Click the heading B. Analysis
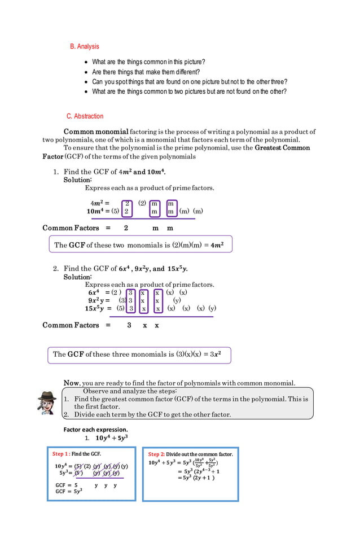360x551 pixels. tap(84, 46)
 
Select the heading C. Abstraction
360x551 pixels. tap(85, 116)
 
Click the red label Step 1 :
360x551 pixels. tap(61, 454)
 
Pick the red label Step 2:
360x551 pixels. tap(156, 454)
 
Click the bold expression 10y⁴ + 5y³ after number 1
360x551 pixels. tap(111, 438)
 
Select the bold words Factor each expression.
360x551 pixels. tap(95, 430)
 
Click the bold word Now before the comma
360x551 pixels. tap(71, 383)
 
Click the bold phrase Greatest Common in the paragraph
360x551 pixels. tap(282, 148)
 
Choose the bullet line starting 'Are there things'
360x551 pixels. tap(146, 72)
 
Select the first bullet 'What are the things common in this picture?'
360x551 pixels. tap(148, 62)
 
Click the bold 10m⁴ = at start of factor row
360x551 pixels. tap(98, 211)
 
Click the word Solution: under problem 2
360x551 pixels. tap(77, 277)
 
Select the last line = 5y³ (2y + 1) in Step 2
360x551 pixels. tap(196, 478)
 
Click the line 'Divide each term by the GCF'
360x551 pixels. tap(152, 414)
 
